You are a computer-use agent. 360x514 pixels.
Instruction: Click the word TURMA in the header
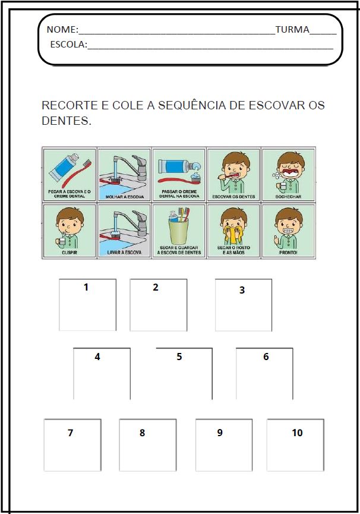click(292, 30)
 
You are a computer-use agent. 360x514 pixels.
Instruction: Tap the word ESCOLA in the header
click(68, 44)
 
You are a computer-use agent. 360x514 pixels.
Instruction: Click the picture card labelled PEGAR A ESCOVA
click(69, 174)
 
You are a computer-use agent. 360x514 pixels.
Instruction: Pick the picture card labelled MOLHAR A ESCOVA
click(124, 174)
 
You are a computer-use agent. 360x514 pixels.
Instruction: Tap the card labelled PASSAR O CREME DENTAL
click(179, 174)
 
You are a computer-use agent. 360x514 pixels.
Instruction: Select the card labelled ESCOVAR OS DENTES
click(233, 174)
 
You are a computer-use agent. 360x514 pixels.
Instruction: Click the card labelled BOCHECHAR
click(288, 174)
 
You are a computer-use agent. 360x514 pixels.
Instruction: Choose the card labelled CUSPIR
click(69, 230)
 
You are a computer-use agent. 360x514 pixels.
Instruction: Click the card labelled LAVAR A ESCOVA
click(124, 230)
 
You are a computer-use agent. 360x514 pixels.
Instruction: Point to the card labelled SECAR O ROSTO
click(233, 230)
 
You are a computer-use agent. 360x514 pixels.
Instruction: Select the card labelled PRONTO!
click(288, 230)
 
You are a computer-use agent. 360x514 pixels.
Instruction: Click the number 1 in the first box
click(86, 287)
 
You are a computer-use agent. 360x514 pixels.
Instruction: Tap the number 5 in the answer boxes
click(179, 357)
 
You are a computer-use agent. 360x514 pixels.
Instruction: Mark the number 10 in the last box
click(297, 433)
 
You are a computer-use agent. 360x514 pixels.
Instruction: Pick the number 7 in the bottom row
click(70, 433)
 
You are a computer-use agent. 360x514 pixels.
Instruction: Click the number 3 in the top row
click(242, 290)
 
